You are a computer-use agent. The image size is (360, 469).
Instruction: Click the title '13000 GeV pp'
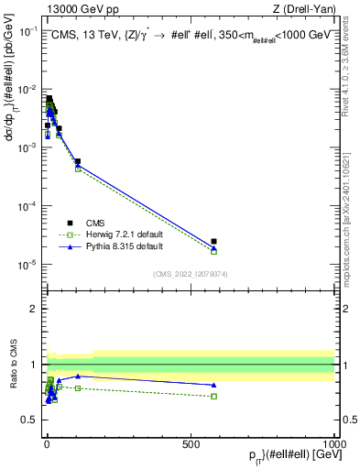(x=80, y=9)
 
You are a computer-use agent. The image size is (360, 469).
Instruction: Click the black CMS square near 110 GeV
(x=78, y=161)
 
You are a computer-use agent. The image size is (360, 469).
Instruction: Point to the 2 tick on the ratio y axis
(x=35, y=308)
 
